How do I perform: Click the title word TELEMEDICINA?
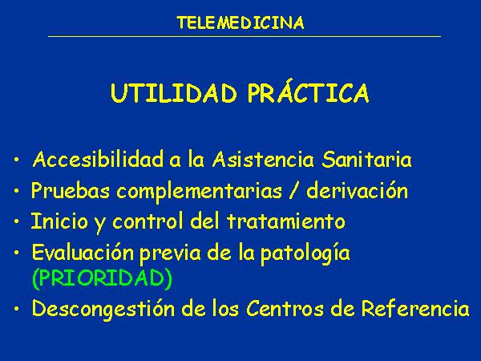[240, 23]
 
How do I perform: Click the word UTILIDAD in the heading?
[174, 93]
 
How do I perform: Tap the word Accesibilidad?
[98, 160]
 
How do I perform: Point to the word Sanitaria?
[367, 160]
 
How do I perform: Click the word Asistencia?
[264, 160]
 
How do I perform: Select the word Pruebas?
[71, 190]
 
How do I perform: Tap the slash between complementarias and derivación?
[294, 190]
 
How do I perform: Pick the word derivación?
[358, 189]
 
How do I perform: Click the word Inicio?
[59, 221]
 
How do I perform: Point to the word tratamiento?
[286, 221]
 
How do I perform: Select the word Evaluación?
[83, 253]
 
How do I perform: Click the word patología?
[305, 254]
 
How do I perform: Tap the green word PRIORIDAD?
[102, 278]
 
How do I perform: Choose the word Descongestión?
[103, 309]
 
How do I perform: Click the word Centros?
[285, 308]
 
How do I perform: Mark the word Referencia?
[415, 308]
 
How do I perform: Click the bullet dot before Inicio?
[17, 221]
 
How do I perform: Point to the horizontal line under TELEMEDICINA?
[245, 37]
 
